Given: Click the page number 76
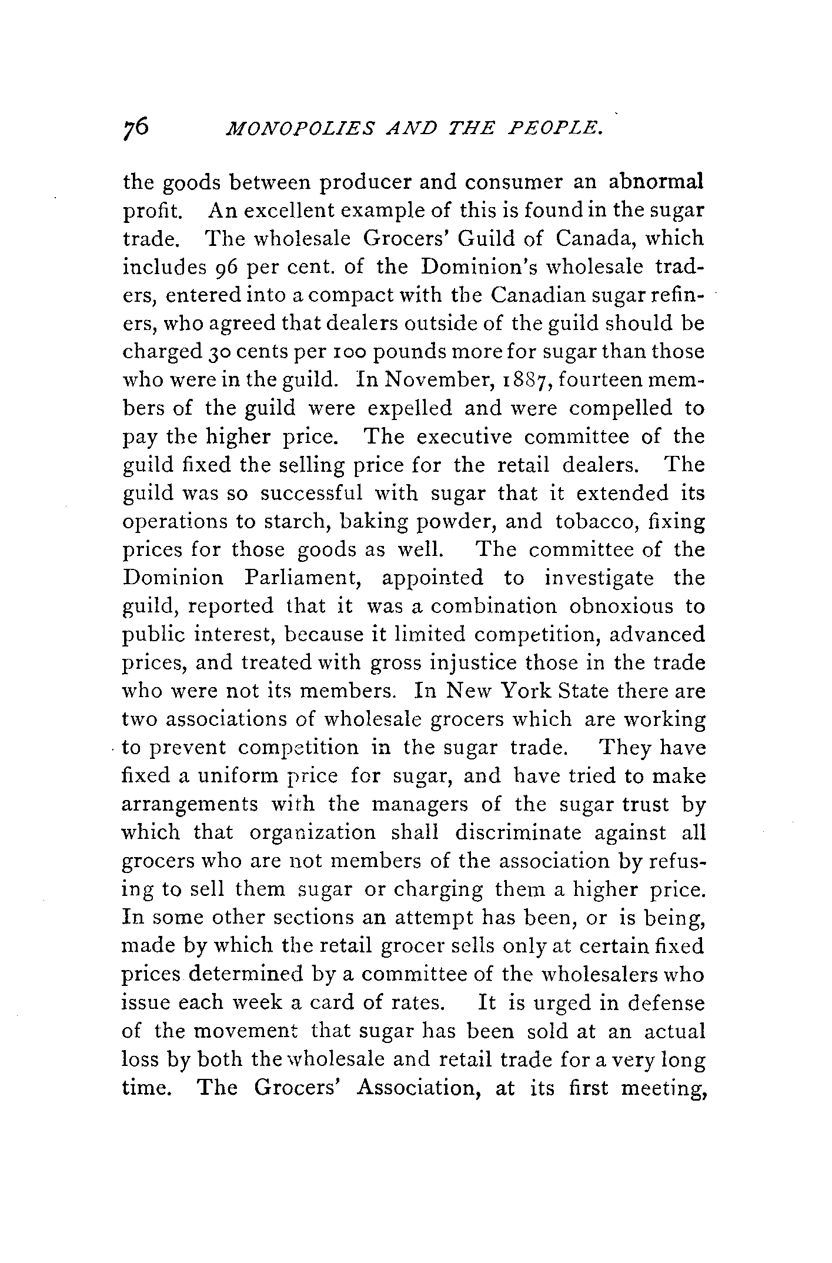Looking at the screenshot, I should point(138,128).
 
